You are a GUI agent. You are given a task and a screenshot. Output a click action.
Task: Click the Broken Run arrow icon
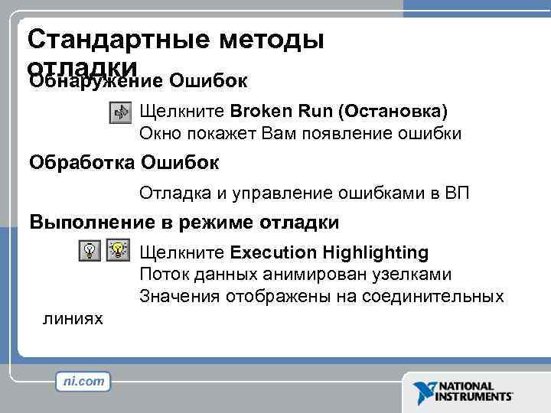click(x=121, y=112)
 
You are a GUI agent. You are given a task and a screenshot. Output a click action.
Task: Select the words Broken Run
click(x=279, y=111)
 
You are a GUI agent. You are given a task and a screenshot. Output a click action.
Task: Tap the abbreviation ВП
click(x=456, y=193)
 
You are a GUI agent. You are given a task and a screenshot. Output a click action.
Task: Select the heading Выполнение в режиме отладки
click(x=184, y=223)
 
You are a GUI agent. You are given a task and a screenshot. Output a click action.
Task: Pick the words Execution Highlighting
click(x=329, y=252)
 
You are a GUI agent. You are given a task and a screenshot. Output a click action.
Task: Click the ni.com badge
click(x=83, y=381)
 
